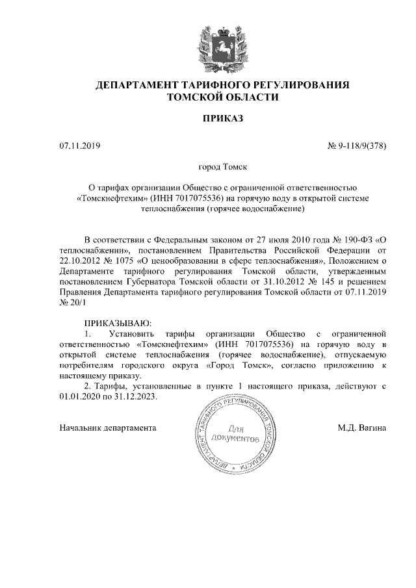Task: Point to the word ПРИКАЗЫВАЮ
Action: (x=118, y=324)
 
